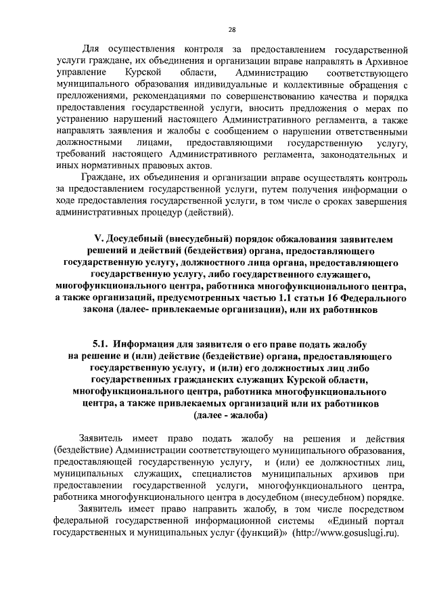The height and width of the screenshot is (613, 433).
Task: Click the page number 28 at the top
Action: [x=231, y=29]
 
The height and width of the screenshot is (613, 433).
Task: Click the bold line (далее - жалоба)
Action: [x=231, y=415]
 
